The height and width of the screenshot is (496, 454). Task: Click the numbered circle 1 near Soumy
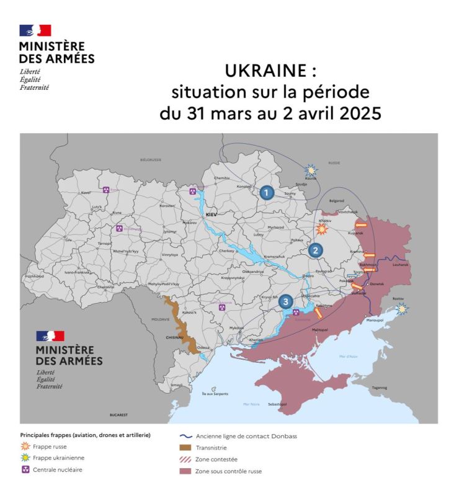pos(267,192)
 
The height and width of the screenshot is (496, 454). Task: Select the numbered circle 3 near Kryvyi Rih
pos(285,301)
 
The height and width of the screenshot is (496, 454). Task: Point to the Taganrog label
pos(379,387)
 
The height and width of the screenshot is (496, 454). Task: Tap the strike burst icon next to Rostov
pos(403,308)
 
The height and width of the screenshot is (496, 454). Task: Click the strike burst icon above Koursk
pos(309,169)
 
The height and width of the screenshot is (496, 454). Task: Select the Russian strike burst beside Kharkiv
pos(321,229)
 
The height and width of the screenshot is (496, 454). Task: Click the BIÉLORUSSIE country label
pos(150,159)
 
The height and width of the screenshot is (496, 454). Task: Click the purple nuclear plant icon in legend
pos(25,469)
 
